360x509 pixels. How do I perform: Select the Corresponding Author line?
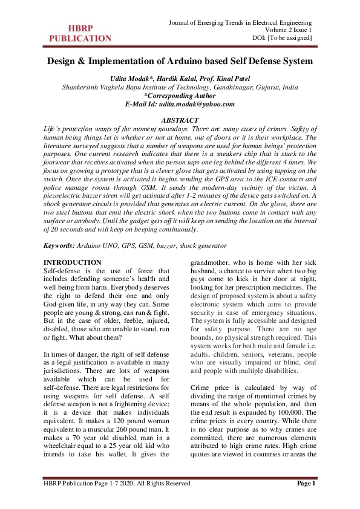pos(180,96)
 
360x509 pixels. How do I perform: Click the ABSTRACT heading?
pos(180,121)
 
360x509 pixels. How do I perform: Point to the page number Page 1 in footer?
pos(307,484)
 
